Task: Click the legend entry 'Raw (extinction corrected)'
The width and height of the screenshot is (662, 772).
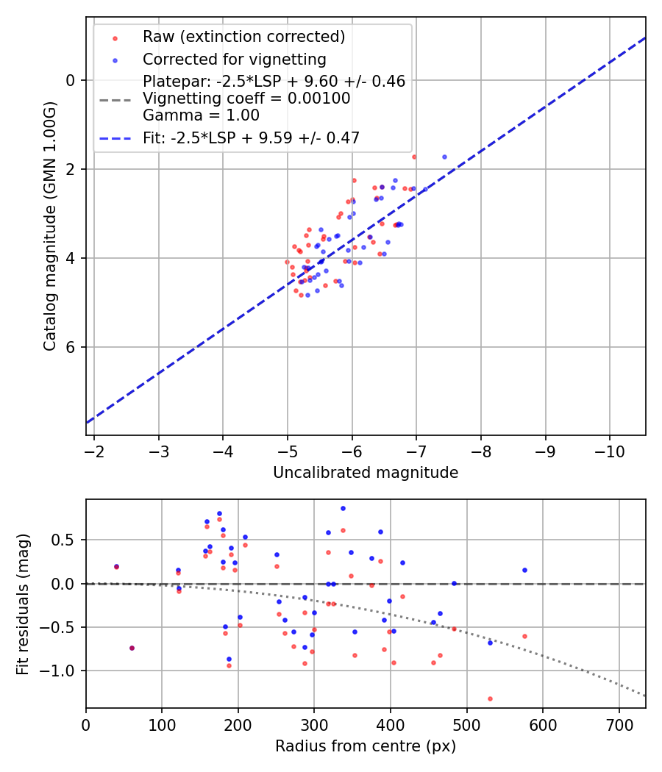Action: pos(243,37)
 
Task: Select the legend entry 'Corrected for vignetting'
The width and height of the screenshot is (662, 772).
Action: pos(234,59)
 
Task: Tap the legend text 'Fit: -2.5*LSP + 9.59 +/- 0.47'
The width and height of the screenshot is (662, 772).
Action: pos(251,137)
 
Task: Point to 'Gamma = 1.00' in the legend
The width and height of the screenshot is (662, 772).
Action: pos(201,115)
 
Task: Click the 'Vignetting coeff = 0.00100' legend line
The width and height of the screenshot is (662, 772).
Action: pos(246,99)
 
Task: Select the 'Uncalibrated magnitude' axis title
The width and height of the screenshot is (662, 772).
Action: pos(366,473)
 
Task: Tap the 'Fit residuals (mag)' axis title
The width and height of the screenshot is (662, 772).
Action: pos(23,604)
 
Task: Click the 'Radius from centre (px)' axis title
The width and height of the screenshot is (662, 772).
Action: pos(366,746)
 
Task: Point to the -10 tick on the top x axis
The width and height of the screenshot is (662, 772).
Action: pos(610,451)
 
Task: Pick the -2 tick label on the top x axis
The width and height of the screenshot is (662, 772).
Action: pos(95,451)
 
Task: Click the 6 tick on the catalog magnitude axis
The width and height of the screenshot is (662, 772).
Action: pos(71,347)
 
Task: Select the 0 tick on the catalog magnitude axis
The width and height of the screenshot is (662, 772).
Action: pos(71,80)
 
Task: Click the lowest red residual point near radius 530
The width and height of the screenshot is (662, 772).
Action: pos(490,698)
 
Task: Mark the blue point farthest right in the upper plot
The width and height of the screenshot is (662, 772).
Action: pos(444,157)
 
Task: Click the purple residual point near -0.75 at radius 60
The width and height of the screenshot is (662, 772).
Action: pos(132,648)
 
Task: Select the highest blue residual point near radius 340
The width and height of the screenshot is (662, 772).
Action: pos(343,508)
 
